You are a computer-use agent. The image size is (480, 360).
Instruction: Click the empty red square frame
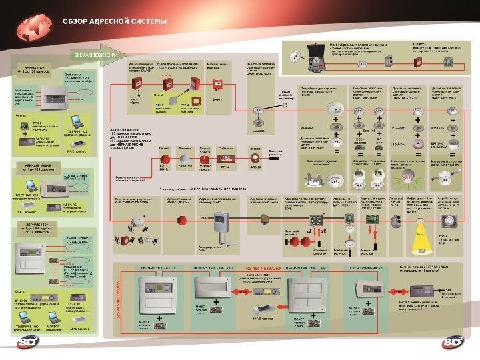[x=216, y=85]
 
